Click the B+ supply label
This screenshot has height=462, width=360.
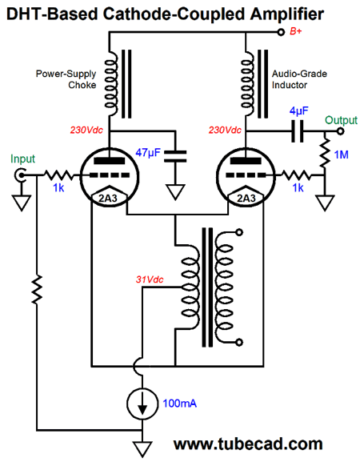[x=295, y=31]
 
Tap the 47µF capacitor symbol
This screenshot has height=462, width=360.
[x=175, y=156]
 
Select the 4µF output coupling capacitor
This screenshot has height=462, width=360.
[x=298, y=131]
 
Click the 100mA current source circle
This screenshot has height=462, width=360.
[x=142, y=404]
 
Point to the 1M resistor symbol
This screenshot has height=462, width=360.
[x=325, y=153]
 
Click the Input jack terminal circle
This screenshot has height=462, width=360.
[x=21, y=175]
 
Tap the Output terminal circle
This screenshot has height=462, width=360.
[x=340, y=131]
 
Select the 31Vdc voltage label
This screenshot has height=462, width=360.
[x=150, y=279]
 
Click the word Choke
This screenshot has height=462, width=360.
[x=82, y=85]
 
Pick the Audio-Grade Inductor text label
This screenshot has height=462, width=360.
[x=299, y=79]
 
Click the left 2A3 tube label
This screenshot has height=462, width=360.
[x=108, y=199]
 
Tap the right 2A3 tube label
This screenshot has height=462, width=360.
[x=246, y=199]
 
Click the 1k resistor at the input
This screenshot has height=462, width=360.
[x=58, y=175]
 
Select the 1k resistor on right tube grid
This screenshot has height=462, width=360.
[x=296, y=175]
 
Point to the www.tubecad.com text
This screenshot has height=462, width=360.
[x=248, y=444]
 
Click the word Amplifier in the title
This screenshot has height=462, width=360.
[x=287, y=14]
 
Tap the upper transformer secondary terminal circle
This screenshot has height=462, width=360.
[x=240, y=232]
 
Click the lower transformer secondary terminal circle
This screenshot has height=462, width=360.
[x=240, y=343]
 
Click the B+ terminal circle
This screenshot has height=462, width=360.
[x=281, y=32]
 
